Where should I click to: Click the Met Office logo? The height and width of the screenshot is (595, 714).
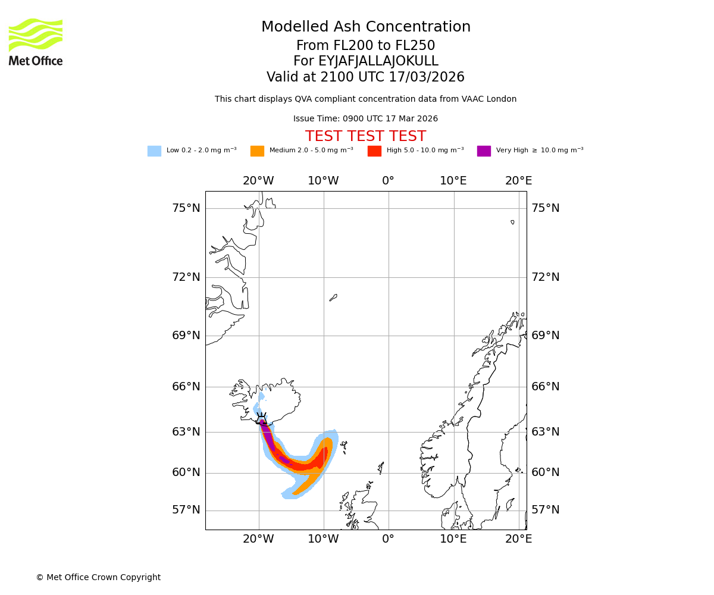click(x=36, y=42)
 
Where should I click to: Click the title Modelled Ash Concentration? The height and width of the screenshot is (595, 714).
click(x=365, y=27)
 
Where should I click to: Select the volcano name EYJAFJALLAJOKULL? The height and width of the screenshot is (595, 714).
click(x=365, y=61)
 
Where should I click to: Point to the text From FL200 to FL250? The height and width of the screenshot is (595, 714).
click(x=365, y=46)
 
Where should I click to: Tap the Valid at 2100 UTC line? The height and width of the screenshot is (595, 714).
click(x=365, y=77)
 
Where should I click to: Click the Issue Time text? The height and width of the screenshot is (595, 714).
click(x=365, y=119)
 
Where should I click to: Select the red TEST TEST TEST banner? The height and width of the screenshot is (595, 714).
click(x=365, y=137)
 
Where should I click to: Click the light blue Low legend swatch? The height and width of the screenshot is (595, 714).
click(x=154, y=151)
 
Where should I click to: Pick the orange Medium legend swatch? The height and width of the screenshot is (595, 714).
click(x=257, y=151)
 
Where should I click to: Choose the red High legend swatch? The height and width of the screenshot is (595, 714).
click(x=374, y=151)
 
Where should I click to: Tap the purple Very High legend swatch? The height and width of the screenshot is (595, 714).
click(x=484, y=151)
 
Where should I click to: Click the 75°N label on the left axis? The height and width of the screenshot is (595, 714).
click(x=186, y=208)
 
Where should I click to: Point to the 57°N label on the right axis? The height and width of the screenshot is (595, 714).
click(x=546, y=510)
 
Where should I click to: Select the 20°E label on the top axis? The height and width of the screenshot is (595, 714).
click(x=518, y=181)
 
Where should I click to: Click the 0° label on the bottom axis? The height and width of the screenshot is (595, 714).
click(x=388, y=540)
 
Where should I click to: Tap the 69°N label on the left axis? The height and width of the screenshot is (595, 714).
click(x=186, y=336)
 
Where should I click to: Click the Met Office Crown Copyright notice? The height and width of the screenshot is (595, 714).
click(x=98, y=578)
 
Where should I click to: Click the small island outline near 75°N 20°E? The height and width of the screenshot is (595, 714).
click(x=512, y=222)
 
